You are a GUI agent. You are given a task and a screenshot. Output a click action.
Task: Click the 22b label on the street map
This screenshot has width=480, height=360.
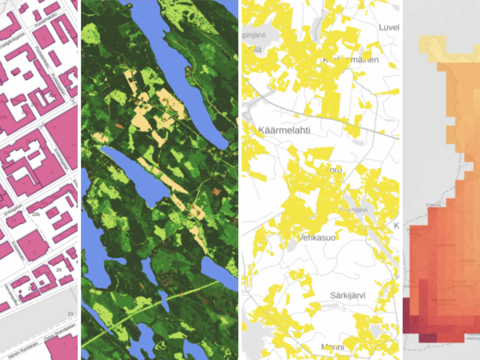[x=36, y=214]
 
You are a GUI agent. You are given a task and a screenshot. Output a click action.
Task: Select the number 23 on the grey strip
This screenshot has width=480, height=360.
[x=70, y=314]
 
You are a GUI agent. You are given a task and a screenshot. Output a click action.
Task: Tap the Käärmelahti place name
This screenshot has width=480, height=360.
[x=284, y=130]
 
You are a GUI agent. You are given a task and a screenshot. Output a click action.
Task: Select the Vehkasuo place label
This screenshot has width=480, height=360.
[x=317, y=237]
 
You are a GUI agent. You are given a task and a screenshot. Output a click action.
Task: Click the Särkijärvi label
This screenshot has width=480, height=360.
[x=347, y=295]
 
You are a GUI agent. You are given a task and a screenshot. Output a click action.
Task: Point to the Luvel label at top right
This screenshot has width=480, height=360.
[x=388, y=27]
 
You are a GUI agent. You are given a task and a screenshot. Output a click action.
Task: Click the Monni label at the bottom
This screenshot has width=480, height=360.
[x=332, y=347]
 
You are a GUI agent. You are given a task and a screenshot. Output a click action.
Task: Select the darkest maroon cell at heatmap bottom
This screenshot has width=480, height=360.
[x=427, y=338]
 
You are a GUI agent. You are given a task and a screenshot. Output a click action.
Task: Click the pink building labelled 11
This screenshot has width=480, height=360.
[x=54, y=127]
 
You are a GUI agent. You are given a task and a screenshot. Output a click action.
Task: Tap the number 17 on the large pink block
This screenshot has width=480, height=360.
[x=73, y=145]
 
